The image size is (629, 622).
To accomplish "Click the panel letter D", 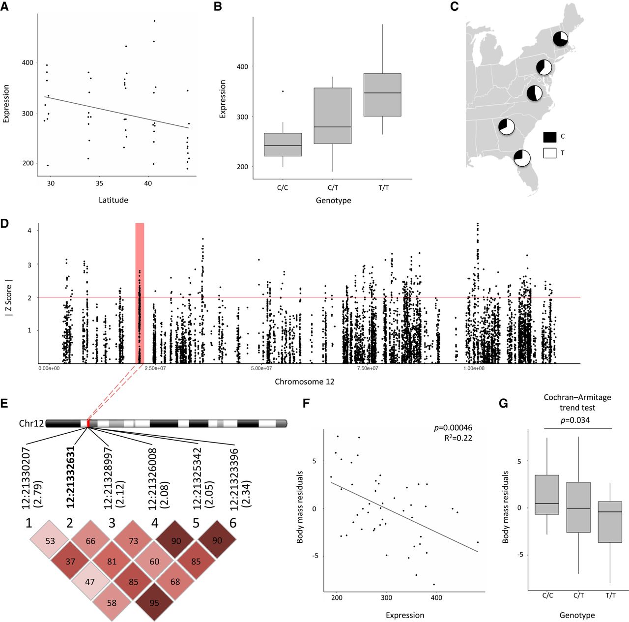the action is pyautogui.click(x=5, y=224).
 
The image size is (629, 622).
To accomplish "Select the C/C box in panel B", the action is pyautogui.click(x=283, y=145).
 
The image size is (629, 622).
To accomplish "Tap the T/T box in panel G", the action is pyautogui.click(x=610, y=522).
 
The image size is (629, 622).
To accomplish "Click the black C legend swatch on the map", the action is pyautogui.click(x=550, y=137).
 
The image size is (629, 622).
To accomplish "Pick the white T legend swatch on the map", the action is pyautogui.click(x=550, y=153).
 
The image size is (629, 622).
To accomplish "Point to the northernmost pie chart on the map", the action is pyautogui.click(x=561, y=39).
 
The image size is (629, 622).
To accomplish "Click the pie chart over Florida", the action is pyautogui.click(x=521, y=158).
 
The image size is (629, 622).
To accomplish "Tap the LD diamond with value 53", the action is pyautogui.click(x=50, y=541).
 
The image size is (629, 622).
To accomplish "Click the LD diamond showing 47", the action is pyautogui.click(x=90, y=582).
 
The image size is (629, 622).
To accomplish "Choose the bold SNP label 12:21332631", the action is pyautogui.click(x=70, y=477).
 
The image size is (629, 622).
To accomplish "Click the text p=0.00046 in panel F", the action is pyautogui.click(x=453, y=428).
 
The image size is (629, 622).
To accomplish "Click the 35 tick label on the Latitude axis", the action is pyautogui.click(x=99, y=183).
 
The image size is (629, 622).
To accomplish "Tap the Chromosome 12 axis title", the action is pyautogui.click(x=305, y=382).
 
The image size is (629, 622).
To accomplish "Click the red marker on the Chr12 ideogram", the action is pyautogui.click(x=88, y=423).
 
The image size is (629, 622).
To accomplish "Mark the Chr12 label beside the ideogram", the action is pyautogui.click(x=31, y=424).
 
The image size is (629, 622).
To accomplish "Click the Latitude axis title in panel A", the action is pyautogui.click(x=113, y=200).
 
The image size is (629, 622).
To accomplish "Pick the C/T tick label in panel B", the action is pyautogui.click(x=333, y=188).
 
